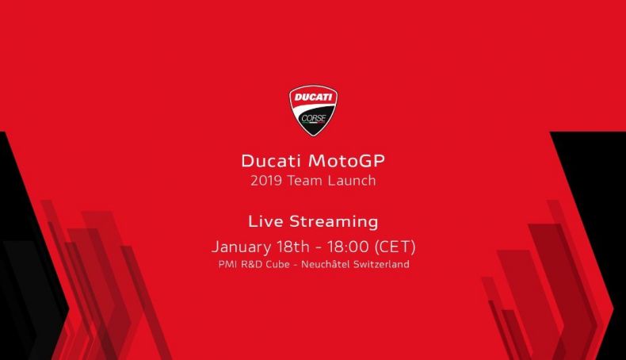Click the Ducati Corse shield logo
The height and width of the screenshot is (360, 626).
pos(314,110)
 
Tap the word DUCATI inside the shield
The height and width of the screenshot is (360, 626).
pos(314,97)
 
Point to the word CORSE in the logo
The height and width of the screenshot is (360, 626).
pos(314,118)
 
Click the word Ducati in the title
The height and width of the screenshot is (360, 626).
pos(271,161)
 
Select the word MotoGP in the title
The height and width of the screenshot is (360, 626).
pos(346,161)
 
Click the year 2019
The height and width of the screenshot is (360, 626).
pos(266,181)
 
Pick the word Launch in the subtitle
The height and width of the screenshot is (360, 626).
pos(352,181)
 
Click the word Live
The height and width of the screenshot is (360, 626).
pos(265,221)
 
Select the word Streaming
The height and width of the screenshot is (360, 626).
pos(334,222)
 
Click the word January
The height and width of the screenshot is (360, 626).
pos(241,247)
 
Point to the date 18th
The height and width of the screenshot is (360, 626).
pos(293,246)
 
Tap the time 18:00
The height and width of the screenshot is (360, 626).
pos(348,247)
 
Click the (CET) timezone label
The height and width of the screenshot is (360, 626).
pos(395,247)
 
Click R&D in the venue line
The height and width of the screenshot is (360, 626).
pos(251,264)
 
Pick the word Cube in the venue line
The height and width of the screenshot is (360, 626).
pos(278,264)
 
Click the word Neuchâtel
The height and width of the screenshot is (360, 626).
pos(326,264)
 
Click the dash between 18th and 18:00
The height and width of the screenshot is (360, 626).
pos(319,247)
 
